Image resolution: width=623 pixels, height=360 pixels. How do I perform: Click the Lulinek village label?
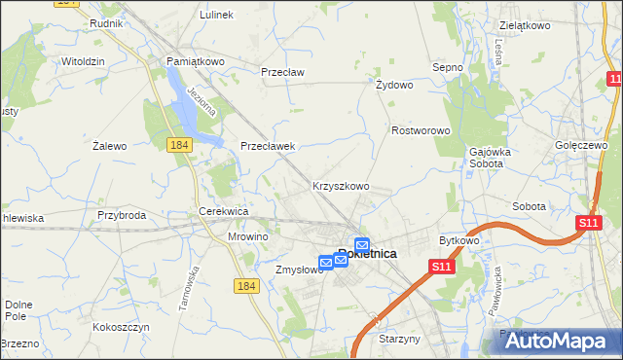coord(216,16)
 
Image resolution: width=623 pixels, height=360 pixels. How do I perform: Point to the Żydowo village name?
coord(395,85)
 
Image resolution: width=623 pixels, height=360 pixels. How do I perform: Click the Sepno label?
coord(447,67)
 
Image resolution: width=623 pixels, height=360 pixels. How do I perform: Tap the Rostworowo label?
coord(420,130)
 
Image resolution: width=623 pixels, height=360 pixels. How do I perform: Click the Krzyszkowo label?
coord(341,186)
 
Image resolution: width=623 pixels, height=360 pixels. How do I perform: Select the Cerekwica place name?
coord(225,211)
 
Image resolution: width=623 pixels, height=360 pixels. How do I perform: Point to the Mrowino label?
coord(247,236)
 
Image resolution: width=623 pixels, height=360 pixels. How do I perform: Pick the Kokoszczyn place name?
coord(121,328)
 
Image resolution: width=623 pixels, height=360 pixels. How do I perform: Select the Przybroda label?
coord(122,215)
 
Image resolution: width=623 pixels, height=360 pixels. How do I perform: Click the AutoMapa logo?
coord(556,341)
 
